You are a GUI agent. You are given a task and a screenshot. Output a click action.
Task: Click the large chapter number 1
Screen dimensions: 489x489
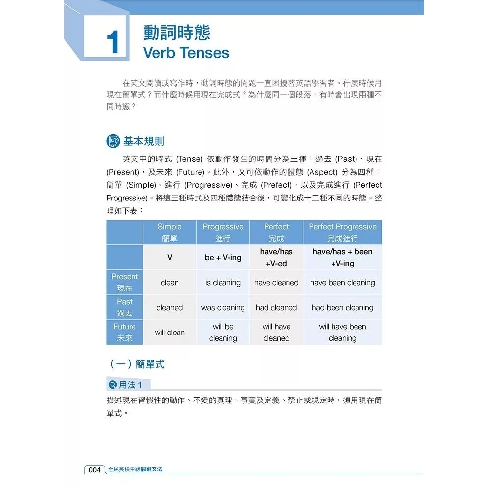[112, 43]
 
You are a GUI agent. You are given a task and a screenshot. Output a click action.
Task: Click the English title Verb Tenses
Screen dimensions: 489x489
[186, 53]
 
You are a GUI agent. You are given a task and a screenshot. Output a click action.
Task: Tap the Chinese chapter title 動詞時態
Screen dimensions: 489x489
[177, 32]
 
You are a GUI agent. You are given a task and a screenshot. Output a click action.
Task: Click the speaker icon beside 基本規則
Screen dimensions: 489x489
[113, 142]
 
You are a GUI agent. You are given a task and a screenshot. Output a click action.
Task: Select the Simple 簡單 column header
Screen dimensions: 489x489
[170, 232]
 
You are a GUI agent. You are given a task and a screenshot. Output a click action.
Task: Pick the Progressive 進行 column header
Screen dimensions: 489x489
[223, 232]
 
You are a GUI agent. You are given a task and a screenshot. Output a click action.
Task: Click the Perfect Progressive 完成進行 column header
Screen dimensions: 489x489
[342, 232]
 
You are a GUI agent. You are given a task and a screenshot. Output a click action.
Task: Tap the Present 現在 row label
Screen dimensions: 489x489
[125, 282]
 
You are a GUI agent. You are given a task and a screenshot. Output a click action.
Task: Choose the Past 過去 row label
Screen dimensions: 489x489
[125, 307]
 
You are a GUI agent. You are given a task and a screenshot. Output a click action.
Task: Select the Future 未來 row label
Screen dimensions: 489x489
[125, 332]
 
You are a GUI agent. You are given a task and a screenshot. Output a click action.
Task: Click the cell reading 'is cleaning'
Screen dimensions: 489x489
[223, 283]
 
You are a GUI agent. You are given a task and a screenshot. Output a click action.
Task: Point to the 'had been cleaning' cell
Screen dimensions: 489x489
[342, 308]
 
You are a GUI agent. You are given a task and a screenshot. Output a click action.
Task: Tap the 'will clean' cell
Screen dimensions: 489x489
[170, 333]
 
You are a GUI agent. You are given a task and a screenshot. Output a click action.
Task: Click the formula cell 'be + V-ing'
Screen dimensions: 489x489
[223, 258]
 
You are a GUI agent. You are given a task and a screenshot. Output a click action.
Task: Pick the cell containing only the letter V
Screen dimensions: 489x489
[170, 257]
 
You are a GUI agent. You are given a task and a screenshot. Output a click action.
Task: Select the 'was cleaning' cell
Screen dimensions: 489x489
[223, 308]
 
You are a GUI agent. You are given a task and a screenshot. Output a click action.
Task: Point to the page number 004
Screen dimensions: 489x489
[94, 469]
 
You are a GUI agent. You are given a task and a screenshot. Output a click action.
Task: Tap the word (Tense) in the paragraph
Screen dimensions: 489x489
[188, 159]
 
